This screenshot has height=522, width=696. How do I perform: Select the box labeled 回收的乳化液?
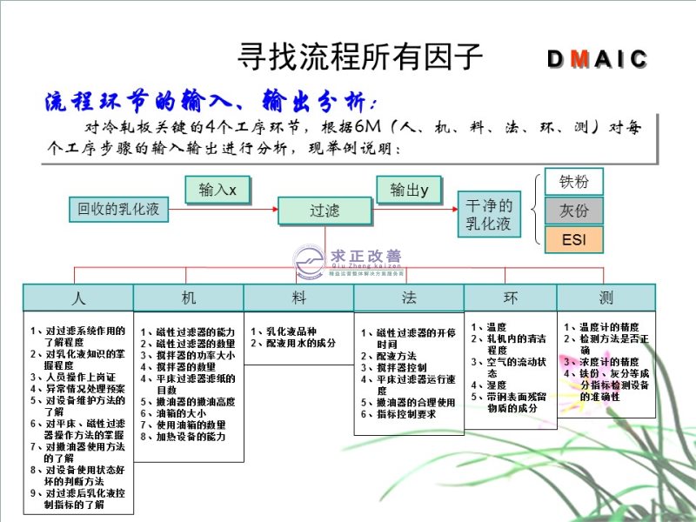click(x=118, y=209)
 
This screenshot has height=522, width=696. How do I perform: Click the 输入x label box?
click(x=217, y=190)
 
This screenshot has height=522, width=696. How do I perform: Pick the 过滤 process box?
click(x=325, y=211)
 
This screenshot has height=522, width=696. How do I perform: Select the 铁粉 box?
click(x=573, y=182)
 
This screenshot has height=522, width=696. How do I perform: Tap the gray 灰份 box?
click(x=573, y=211)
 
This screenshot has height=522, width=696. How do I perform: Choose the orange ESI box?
click(x=573, y=239)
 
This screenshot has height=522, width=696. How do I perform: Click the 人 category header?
click(x=78, y=298)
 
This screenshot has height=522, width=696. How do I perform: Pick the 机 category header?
click(x=188, y=298)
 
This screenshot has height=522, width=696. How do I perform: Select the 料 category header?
click(x=298, y=298)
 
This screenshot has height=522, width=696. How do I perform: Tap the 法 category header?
click(x=408, y=298)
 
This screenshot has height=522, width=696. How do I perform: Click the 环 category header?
click(x=510, y=298)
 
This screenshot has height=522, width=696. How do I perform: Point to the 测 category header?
click(x=606, y=298)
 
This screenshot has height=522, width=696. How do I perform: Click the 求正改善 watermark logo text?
click(x=365, y=257)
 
